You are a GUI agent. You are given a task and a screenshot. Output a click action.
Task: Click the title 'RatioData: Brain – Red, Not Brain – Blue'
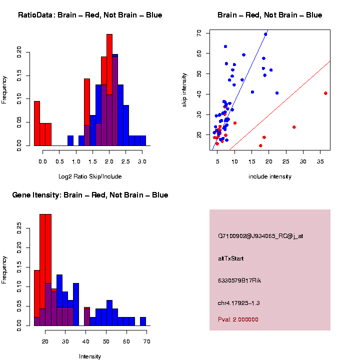[90, 15]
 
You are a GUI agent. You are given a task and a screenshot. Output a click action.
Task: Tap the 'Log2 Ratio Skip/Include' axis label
[90, 176]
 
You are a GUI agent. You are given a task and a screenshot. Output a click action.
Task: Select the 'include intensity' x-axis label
[270, 176]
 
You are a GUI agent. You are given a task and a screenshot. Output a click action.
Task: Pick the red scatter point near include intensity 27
[294, 127]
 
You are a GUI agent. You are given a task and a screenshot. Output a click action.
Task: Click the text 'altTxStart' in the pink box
[230, 258]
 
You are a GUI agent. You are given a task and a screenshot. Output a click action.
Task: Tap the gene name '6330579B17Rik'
[239, 280]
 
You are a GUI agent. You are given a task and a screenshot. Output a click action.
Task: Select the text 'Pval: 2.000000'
[238, 319]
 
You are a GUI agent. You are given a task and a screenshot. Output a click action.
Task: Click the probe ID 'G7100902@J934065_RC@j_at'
[260, 236]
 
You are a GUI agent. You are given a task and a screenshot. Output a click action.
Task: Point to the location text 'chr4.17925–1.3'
[239, 303]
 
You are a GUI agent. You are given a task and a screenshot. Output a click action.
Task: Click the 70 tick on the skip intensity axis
[199, 32]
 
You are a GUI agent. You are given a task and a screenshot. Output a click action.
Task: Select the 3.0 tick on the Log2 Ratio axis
[142, 161]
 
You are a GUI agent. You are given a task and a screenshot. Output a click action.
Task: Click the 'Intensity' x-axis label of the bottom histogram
[90, 356]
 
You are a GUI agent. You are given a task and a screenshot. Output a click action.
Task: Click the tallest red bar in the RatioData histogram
[109, 90]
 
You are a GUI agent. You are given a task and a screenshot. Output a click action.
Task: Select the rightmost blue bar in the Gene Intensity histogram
[143, 321]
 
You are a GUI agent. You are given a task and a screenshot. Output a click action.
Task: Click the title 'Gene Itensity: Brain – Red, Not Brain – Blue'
[90, 195]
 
